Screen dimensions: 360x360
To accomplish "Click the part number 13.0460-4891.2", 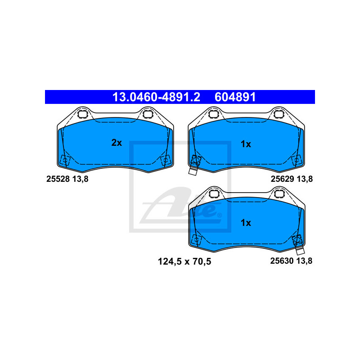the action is [x=156, y=97].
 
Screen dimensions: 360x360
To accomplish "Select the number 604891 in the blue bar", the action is [x=235, y=97].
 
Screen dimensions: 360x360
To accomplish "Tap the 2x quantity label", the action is [x=117, y=143].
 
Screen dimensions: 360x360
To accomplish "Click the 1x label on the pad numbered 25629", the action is [x=246, y=144].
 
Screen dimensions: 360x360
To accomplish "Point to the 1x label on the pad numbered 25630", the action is [x=246, y=223].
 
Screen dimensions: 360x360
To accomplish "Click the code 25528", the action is [x=58, y=179].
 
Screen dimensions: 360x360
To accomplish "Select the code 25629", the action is [x=283, y=179].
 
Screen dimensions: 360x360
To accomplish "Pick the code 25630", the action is [x=282, y=261].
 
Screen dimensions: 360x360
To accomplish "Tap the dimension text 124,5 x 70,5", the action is [x=184, y=261].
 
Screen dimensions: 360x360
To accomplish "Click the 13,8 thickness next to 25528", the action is [x=81, y=179].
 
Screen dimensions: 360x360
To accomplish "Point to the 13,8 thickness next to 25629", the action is [x=305, y=179].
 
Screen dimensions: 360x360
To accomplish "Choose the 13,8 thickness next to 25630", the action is [x=304, y=261].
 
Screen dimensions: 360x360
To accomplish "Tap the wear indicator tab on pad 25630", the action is [x=300, y=251].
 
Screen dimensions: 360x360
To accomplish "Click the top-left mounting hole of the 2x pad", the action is [x=82, y=114].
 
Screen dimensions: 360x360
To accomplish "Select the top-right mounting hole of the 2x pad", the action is [x=147, y=114].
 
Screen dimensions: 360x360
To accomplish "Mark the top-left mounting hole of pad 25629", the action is [x=213, y=114].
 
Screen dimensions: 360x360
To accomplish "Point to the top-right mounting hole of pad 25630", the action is [x=279, y=194].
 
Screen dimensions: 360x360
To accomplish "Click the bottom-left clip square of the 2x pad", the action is [x=65, y=160].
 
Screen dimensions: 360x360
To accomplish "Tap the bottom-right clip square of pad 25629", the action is [x=296, y=160].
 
